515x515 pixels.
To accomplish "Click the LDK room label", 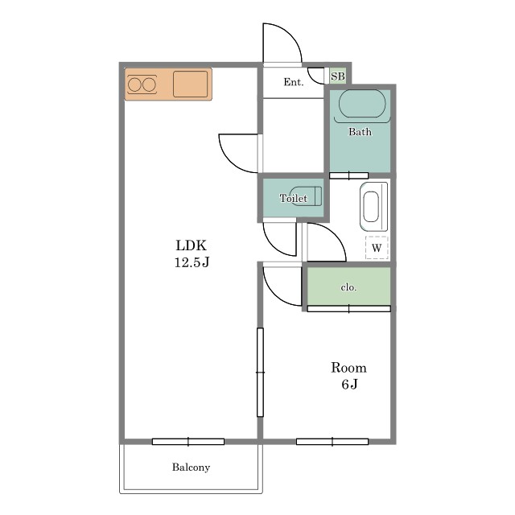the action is [192, 245].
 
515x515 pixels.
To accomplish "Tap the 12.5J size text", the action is [192, 262].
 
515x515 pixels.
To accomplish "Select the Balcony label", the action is [191, 467].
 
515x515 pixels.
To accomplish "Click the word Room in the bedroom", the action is [348, 368].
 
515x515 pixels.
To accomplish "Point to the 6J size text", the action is [349, 384].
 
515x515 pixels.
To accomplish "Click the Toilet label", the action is [293, 198].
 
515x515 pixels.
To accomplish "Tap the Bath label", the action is [360, 132].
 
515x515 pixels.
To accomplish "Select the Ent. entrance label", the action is [293, 82].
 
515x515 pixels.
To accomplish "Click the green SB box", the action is [338, 76].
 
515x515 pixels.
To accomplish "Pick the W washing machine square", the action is [377, 247].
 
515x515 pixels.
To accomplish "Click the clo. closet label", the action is [348, 287].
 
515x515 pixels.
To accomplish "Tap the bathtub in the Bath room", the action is [362, 104].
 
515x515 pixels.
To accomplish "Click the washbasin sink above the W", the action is [373, 206].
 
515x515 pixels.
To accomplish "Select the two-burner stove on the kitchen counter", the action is [142, 84].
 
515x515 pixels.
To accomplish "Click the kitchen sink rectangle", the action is [190, 84].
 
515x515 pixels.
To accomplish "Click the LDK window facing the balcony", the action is [188, 442].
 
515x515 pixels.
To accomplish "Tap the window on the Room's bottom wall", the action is [332, 442].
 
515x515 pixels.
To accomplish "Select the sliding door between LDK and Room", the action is [260, 372].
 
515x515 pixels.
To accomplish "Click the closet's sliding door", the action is [348, 309].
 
